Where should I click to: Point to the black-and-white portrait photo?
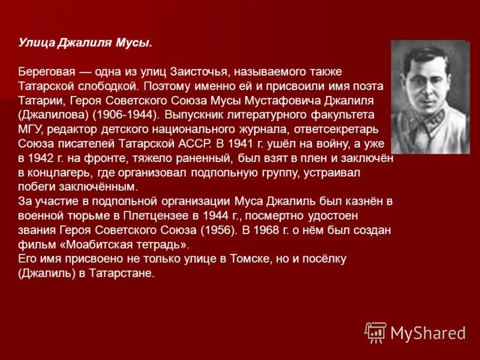(x=430, y=96)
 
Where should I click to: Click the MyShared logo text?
(x=428, y=332)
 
